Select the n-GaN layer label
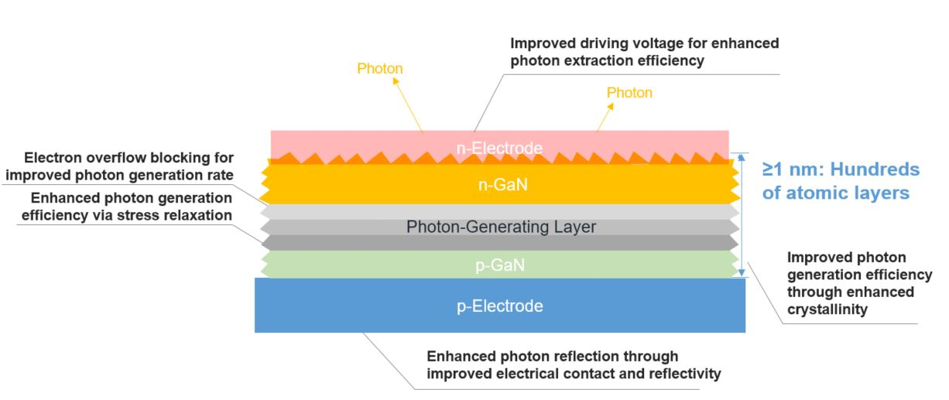tap(499, 186)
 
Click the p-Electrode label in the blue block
tap(499, 306)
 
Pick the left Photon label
tap(380, 69)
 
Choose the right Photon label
tap(629, 93)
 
